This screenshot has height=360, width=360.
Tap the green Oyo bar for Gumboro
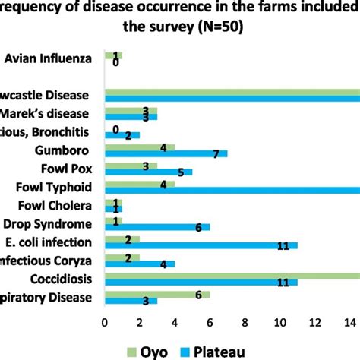click(139, 147)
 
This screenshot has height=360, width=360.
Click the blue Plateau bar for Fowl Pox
click(148, 172)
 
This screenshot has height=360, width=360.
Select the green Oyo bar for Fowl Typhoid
click(139, 183)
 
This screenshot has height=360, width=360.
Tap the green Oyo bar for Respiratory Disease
click(156, 294)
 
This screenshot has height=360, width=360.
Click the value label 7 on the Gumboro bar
click(216, 155)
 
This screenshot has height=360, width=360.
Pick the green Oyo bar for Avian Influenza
click(112, 55)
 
